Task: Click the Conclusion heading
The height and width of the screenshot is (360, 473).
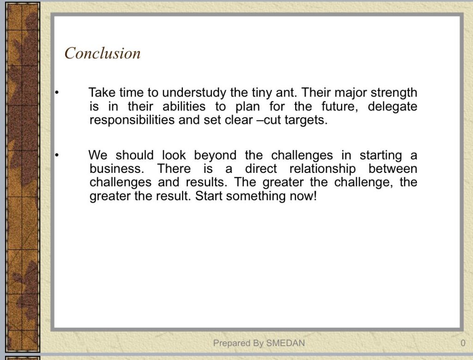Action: click(x=103, y=53)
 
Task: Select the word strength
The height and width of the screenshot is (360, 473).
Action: click(x=394, y=92)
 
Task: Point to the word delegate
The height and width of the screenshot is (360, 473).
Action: click(x=393, y=107)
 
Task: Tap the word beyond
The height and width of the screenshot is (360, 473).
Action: click(x=215, y=155)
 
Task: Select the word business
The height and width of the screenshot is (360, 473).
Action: click(x=117, y=169)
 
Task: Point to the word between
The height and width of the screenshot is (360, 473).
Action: click(x=393, y=169)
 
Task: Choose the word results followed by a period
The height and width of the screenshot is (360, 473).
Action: click(x=206, y=182)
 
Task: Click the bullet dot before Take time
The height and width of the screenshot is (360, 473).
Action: click(x=56, y=92)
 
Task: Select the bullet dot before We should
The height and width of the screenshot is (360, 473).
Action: click(x=56, y=155)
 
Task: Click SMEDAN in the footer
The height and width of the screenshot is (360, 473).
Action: click(x=285, y=343)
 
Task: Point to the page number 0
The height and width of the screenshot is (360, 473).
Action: click(x=463, y=343)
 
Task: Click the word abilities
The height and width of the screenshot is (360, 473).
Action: click(x=184, y=107)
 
